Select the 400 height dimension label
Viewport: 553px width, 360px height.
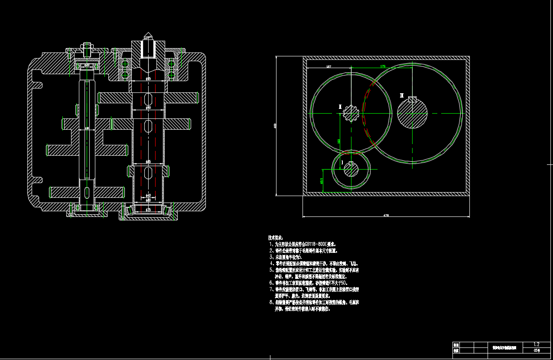point(275,126)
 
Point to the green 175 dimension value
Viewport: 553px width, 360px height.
point(383,66)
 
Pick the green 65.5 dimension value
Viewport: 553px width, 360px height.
point(321,180)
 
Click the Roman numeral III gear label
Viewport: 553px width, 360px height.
point(402,95)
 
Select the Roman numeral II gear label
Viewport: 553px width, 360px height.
point(340,106)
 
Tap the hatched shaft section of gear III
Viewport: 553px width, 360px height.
point(412,114)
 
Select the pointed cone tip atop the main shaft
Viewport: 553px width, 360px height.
point(148,33)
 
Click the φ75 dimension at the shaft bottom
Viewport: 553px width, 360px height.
point(148,210)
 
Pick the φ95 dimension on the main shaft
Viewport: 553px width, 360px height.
point(148,79)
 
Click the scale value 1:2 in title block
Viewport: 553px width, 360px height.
point(537,344)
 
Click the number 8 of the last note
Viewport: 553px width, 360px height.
point(270,302)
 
